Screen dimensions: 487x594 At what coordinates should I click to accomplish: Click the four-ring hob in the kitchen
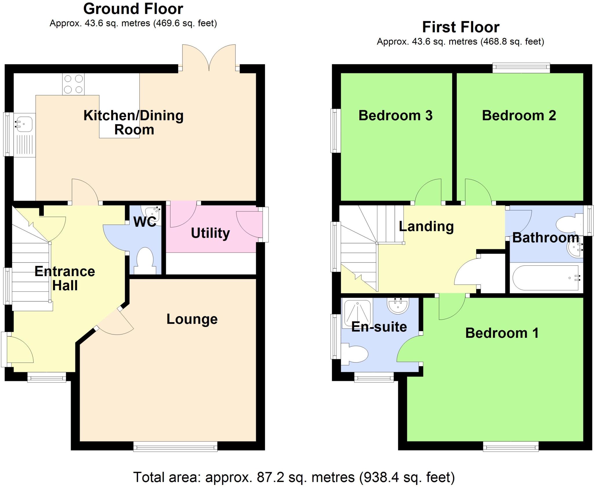pos(73,84)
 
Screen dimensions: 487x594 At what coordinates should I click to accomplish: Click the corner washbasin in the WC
pos(153,214)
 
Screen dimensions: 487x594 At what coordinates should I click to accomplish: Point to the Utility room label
pos(210,233)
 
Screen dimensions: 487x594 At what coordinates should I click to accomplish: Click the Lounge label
pos(192,319)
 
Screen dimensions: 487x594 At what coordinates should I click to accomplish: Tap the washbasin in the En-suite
pos(398,306)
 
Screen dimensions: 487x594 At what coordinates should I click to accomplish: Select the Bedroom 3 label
pos(395,115)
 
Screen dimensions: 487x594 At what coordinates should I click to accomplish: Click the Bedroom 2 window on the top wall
pos(521,68)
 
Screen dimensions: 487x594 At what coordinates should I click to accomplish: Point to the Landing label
pos(426,226)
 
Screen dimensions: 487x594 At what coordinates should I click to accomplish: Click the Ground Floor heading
pos(133,9)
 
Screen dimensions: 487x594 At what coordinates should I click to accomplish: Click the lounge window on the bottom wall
pos(175,446)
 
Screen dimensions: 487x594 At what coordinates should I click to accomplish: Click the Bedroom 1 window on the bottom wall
pos(510,446)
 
